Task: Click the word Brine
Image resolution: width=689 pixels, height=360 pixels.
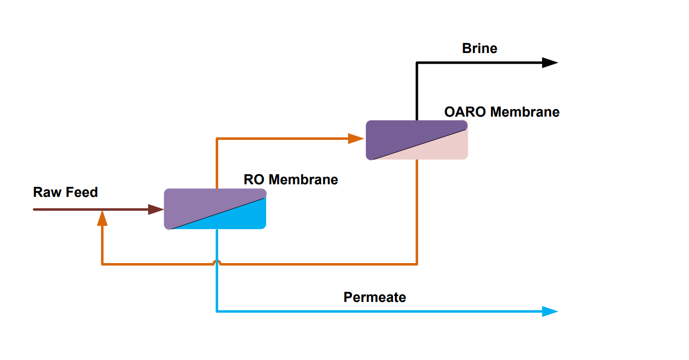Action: tap(479, 48)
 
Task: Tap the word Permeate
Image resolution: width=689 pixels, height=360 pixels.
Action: tap(374, 297)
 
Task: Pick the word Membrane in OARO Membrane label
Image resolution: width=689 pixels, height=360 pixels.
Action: tap(525, 112)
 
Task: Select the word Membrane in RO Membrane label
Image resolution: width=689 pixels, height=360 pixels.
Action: tap(303, 179)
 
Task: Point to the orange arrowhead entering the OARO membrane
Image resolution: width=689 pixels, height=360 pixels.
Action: tap(356, 138)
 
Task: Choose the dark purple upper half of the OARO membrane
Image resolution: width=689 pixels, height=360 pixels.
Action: tap(399, 134)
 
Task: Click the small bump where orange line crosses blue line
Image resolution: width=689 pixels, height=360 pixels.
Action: tap(217, 262)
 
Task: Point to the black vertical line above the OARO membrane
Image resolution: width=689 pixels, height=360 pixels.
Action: tap(417, 91)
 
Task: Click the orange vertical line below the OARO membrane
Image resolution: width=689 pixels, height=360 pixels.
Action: tap(417, 212)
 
